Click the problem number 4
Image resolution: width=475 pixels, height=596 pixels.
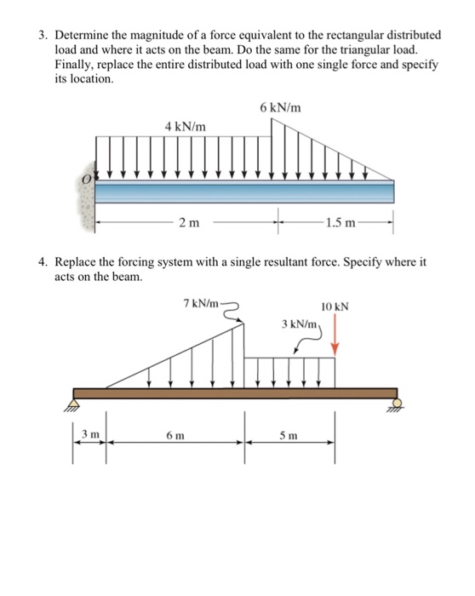coord(41,262)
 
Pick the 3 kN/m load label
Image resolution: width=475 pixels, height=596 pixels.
coord(300,324)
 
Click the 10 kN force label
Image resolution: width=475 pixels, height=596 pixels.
coord(335,307)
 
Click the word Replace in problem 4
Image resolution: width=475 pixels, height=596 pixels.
coord(78,262)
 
